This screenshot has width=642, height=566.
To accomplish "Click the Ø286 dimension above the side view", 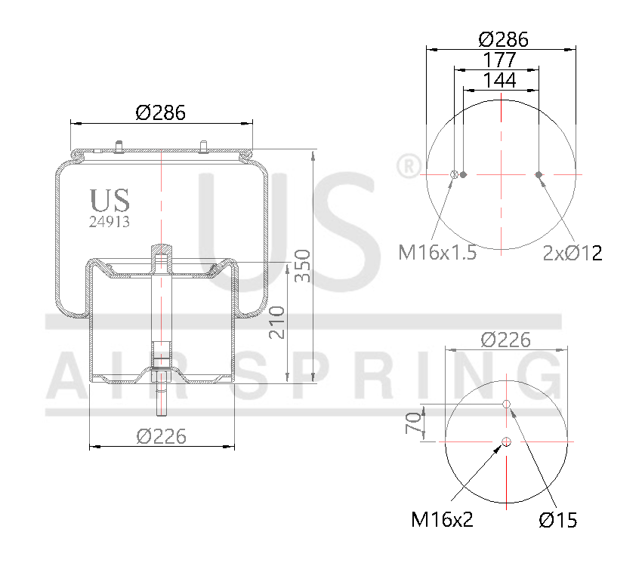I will [x=161, y=112].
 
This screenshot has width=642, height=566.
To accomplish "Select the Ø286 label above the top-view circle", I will [x=503, y=39].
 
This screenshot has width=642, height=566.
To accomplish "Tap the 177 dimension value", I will [x=499, y=60].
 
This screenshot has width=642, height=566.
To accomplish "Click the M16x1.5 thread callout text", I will [x=437, y=252].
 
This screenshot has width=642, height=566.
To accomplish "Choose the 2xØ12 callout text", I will [x=573, y=253].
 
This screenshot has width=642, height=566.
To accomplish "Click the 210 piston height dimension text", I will [x=277, y=321].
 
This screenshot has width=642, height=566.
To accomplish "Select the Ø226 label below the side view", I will [x=161, y=435].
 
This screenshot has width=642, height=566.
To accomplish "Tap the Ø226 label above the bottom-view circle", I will [x=505, y=340].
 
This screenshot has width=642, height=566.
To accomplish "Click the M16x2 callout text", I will [x=442, y=519].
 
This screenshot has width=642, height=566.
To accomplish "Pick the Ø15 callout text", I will [x=558, y=519].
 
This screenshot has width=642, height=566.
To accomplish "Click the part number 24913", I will [x=110, y=222].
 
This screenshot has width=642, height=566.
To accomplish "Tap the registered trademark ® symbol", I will [x=408, y=165].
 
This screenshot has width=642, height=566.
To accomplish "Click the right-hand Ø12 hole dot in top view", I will [x=539, y=175].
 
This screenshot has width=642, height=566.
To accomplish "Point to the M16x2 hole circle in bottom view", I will [x=506, y=441].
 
